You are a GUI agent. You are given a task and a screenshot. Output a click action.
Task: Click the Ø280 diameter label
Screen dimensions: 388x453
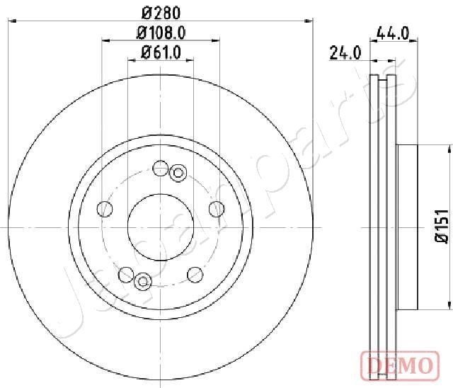tap(161, 11)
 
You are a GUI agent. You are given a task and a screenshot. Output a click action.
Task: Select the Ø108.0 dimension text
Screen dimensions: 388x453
tap(161, 31)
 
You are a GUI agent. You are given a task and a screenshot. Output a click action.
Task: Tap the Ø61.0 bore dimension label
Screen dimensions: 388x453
tap(161, 51)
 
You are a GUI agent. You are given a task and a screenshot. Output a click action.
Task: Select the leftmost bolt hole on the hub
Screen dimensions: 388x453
tap(105, 209)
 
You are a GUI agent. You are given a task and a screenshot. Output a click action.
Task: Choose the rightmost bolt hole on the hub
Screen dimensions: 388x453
tap(217, 208)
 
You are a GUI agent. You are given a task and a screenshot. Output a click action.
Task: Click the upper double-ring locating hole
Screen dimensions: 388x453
tap(178, 172)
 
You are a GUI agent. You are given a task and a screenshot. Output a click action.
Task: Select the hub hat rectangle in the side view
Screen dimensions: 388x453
tap(408, 227)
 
